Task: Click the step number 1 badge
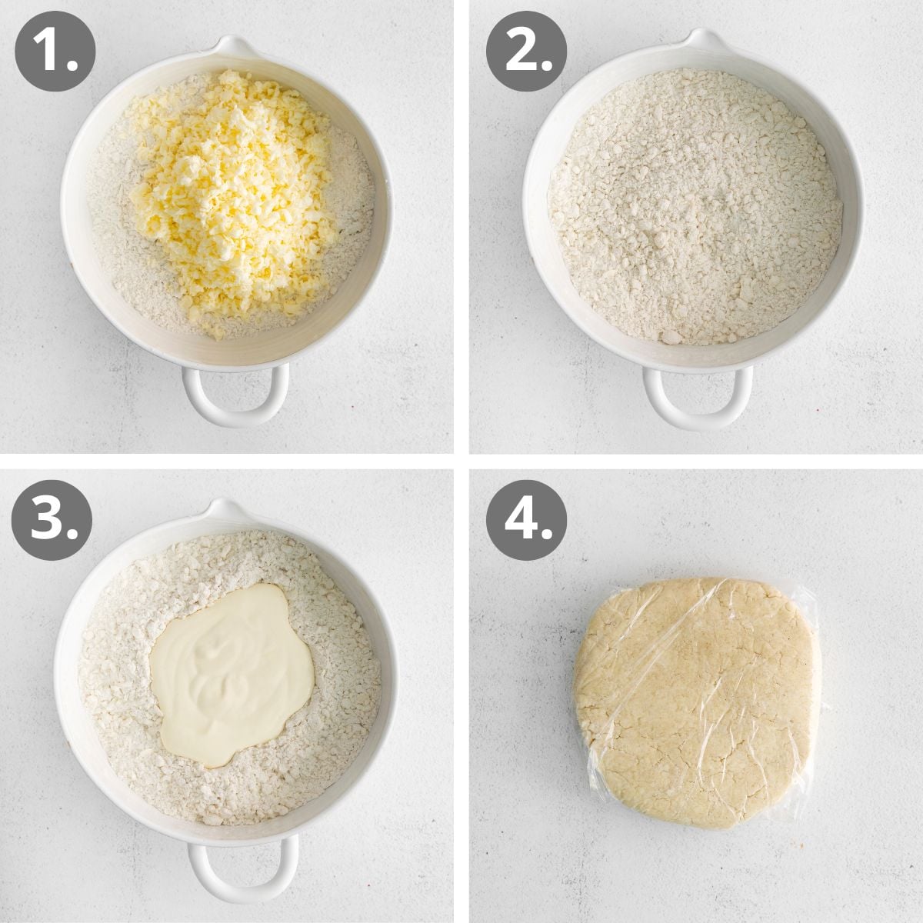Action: pos(55,52)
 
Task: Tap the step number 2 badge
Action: pos(526,52)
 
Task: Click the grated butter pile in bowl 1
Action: pos(231,192)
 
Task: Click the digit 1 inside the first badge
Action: pos(48,52)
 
